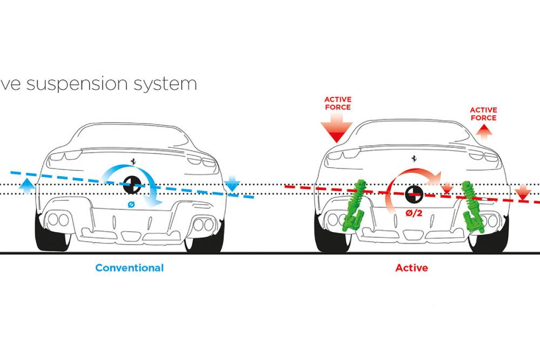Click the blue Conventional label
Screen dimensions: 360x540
click(x=129, y=268)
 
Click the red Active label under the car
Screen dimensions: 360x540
click(x=411, y=268)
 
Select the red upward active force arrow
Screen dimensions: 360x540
click(x=483, y=130)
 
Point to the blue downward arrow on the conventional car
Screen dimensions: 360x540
click(x=232, y=185)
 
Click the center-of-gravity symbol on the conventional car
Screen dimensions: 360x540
click(x=132, y=185)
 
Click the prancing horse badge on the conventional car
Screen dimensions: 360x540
click(x=132, y=161)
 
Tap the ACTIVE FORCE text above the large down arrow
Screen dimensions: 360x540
click(x=337, y=103)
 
